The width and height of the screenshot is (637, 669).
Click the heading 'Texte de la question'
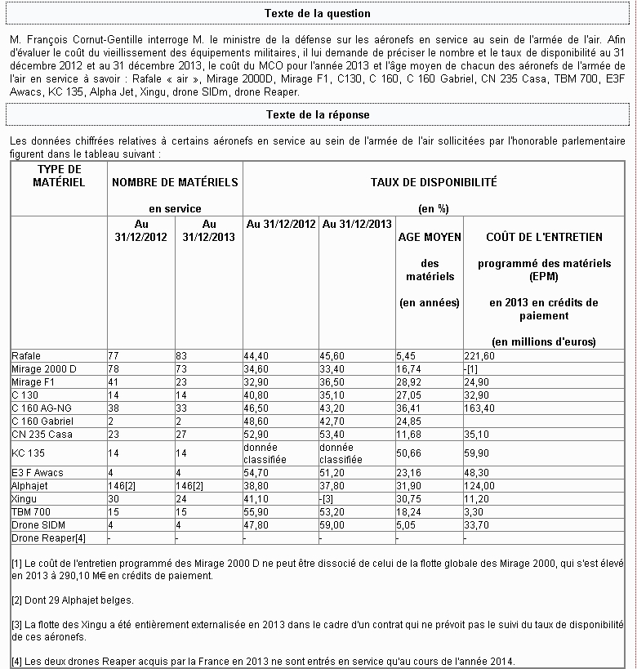pyautogui.click(x=318, y=14)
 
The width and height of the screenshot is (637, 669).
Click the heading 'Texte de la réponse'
pyautogui.click(x=318, y=115)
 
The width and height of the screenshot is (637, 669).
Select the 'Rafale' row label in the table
pyautogui.click(x=26, y=356)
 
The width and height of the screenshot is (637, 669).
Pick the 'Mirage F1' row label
pyautogui.click(x=33, y=381)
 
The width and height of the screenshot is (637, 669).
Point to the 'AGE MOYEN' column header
pyautogui.click(x=430, y=237)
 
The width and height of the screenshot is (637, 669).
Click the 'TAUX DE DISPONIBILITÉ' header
pyautogui.click(x=434, y=183)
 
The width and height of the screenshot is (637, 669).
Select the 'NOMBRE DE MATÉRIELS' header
pyautogui.click(x=175, y=181)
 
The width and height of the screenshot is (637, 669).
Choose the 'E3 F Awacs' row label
pyautogui.click(x=38, y=473)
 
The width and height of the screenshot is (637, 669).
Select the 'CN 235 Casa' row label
pyautogui.click(x=42, y=434)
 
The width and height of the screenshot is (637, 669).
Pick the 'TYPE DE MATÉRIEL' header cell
pyautogui.click(x=59, y=176)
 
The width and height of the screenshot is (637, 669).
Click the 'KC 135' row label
pyautogui.click(x=29, y=453)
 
